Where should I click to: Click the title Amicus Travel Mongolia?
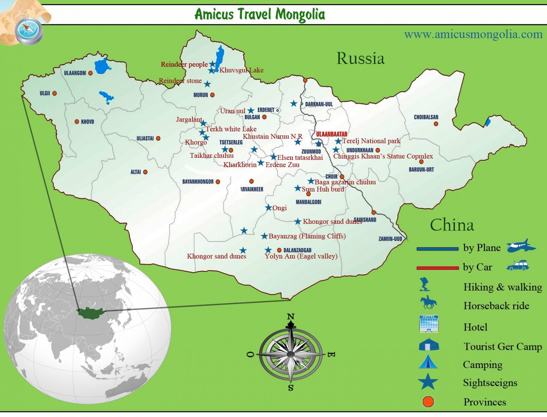coord(260,14)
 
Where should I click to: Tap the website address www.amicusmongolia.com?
coord(473,34)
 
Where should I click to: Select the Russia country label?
coord(360,58)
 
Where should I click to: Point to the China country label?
coord(452,225)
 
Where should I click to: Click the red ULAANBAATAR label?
coord(332,134)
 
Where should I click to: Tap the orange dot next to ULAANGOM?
coord(90,73)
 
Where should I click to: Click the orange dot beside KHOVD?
coord(77,122)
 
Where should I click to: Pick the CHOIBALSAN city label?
coord(426,117)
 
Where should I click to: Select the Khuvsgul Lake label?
coord(241,70)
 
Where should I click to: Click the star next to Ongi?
coord(268,208)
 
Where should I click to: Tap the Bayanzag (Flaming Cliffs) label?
coord(307,236)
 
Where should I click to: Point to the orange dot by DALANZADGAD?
coord(279,250)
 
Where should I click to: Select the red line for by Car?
coord(438,268)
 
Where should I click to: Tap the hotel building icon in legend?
coord(429,324)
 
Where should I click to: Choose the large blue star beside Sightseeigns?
coord(428,382)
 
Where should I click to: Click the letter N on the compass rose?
coord(291,317)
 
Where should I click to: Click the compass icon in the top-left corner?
coord(29,30)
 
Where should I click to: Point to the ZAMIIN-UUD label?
coord(390,239)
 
